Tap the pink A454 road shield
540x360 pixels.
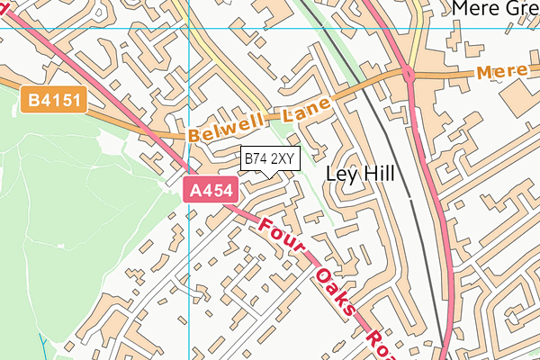click(x=210, y=190)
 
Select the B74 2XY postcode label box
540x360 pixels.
click(x=269, y=158)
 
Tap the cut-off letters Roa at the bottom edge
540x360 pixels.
click(x=381, y=342)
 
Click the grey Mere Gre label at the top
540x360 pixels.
click(x=494, y=9)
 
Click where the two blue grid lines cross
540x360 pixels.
click(x=189, y=27)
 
